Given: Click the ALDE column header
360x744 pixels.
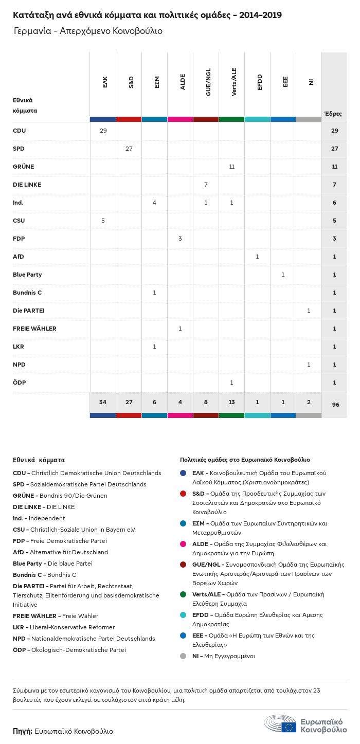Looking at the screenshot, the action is tap(183, 82).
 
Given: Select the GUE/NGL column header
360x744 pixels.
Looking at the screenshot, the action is tap(208, 82).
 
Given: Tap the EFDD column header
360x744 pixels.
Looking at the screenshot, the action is tap(260, 82).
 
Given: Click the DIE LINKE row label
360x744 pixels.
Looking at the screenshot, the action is tap(27, 185).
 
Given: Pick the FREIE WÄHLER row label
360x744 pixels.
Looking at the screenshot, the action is tap(34, 329).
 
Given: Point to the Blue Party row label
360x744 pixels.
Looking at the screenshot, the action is tap(27, 275).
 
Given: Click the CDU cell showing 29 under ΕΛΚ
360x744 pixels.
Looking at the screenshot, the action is tap(103, 131).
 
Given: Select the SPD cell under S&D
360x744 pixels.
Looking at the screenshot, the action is tap(129, 149).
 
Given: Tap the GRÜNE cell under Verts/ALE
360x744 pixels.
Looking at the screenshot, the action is tap(232, 167).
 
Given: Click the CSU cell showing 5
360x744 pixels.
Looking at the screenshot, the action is tap(103, 221).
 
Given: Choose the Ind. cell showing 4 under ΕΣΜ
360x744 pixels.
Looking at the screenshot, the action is tap(154, 203).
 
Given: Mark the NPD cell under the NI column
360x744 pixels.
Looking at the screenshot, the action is tap(309, 365).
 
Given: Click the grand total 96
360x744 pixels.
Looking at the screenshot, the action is tap(335, 405).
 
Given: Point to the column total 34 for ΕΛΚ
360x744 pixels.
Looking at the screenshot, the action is tap(103, 402).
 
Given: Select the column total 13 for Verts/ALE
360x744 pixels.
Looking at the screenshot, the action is tap(232, 402).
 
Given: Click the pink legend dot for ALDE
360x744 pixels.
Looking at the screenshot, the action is tap(183, 544).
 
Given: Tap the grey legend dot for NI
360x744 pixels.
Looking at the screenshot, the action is tap(183, 656).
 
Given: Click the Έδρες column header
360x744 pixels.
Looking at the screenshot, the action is tap(333, 114).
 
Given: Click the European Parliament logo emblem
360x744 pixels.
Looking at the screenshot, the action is tap(280, 724).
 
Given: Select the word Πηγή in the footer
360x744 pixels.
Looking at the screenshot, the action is tap(23, 731).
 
